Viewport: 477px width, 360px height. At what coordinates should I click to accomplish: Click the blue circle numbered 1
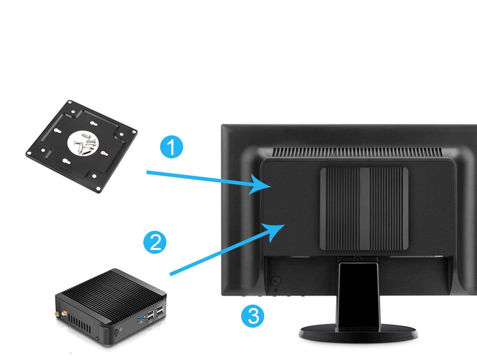pos(172,148)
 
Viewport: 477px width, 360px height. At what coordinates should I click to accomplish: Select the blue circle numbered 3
pos(253,316)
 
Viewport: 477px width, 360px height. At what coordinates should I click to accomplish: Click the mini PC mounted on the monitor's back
pos(364,208)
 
